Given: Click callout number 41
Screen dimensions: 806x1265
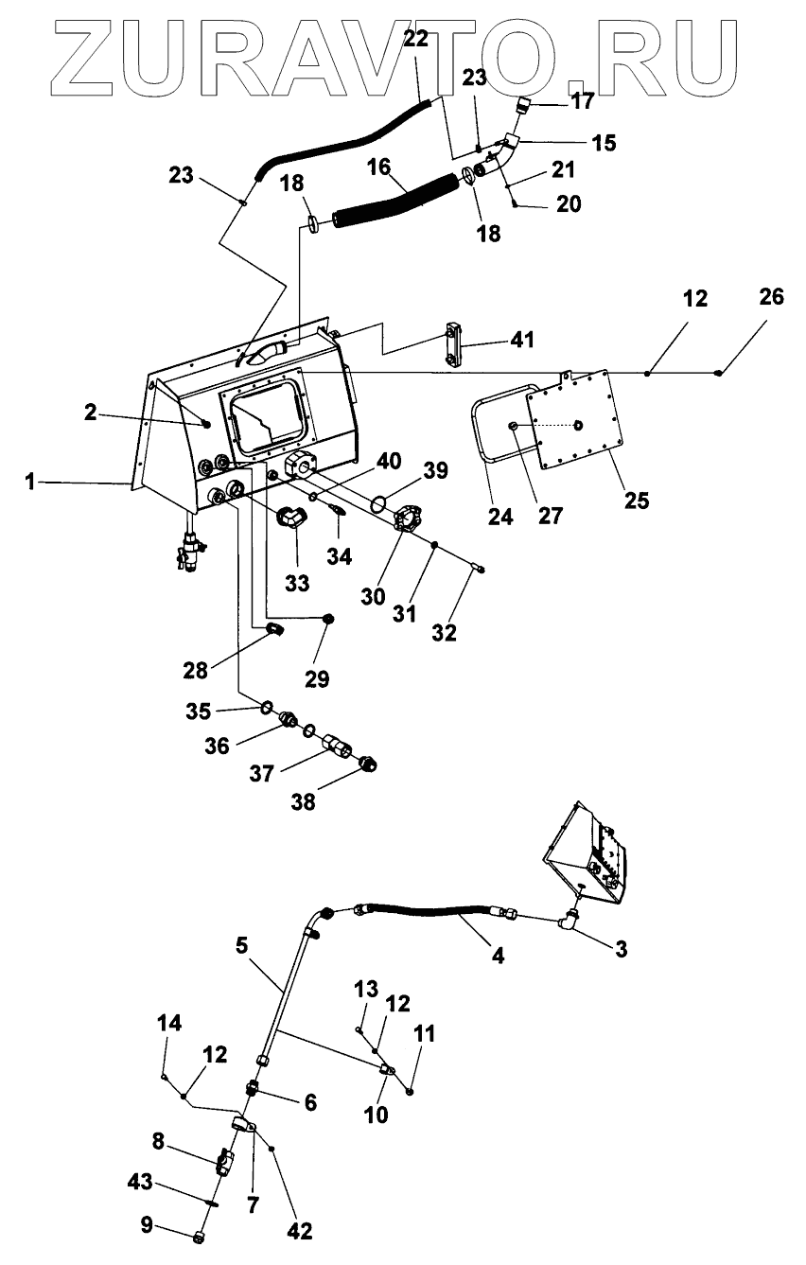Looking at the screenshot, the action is pyautogui.click(x=522, y=340).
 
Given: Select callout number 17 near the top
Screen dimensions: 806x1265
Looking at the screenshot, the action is pyautogui.click(x=583, y=101).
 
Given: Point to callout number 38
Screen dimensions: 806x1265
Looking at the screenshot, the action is pyautogui.click(x=303, y=801).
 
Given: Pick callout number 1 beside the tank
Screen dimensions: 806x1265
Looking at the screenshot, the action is pyautogui.click(x=30, y=482).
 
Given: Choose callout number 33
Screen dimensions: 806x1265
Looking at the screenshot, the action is pyautogui.click(x=297, y=583).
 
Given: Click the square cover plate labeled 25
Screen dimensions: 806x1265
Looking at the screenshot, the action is pyautogui.click(x=575, y=419).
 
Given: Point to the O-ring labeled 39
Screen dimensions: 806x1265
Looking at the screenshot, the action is pyautogui.click(x=380, y=503).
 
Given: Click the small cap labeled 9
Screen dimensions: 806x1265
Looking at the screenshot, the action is pyautogui.click(x=199, y=1238).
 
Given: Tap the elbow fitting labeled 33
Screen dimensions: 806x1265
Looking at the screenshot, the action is pyautogui.click(x=292, y=518).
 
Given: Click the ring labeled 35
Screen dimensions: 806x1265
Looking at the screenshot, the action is pyautogui.click(x=267, y=707).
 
